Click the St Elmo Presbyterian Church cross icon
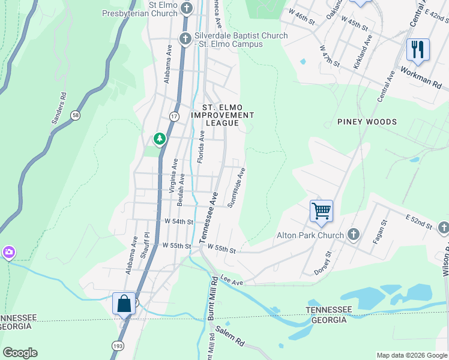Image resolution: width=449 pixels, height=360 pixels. (187, 8)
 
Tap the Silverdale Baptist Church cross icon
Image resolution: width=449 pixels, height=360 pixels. (185, 39)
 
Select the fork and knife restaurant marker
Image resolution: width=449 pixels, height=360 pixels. (418, 49)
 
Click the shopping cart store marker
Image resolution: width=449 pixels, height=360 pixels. (321, 211)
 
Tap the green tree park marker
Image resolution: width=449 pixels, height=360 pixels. (159, 139)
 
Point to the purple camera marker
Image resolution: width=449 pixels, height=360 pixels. (8, 252)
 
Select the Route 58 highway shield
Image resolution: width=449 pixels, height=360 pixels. (75, 115)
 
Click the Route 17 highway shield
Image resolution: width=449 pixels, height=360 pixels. (174, 115)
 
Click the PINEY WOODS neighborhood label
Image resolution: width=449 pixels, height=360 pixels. (367, 122)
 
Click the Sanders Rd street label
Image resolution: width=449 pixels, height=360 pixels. (58, 109)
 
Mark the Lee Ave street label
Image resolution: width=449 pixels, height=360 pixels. (231, 281)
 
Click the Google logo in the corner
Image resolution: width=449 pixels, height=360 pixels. (20, 353)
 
